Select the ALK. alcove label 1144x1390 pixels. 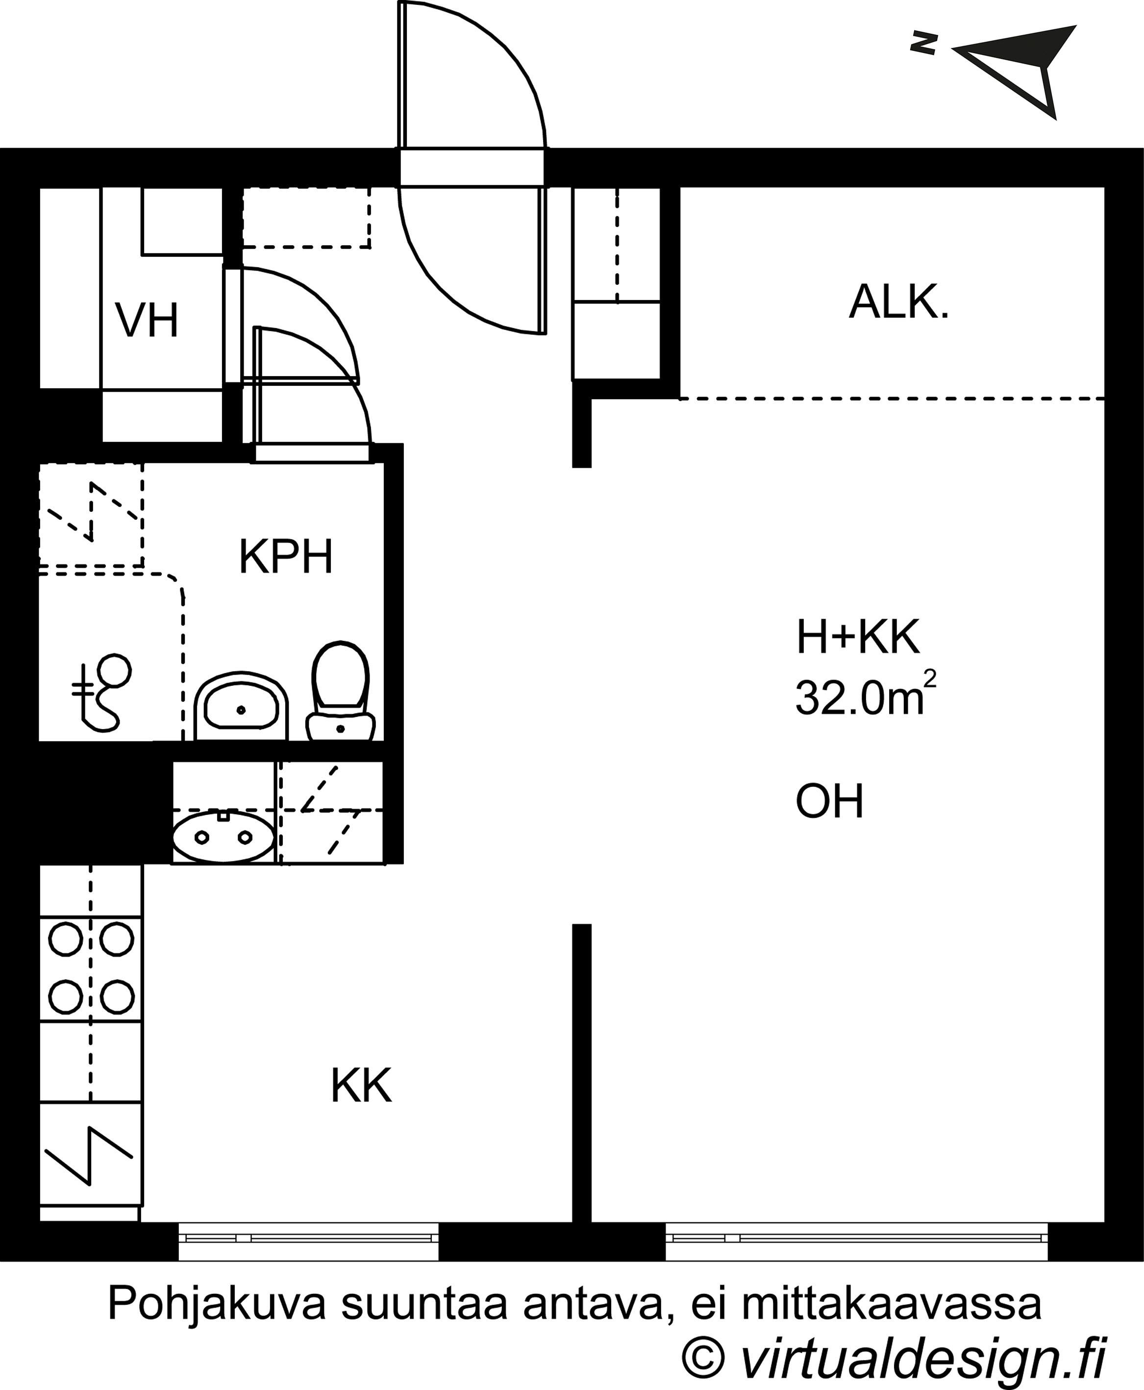click(x=898, y=302)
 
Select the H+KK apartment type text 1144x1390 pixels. click(x=857, y=637)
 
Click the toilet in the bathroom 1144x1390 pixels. click(x=340, y=691)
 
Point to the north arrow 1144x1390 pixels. click(x=1016, y=69)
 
